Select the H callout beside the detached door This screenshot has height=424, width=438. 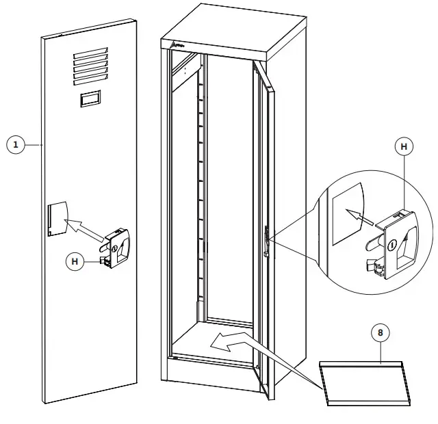coord(76,260)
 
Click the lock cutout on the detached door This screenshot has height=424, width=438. coord(57,218)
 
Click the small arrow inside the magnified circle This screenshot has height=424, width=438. coord(357,215)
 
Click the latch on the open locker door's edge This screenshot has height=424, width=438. coord(266,243)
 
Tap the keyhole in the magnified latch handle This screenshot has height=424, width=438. coord(392,246)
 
